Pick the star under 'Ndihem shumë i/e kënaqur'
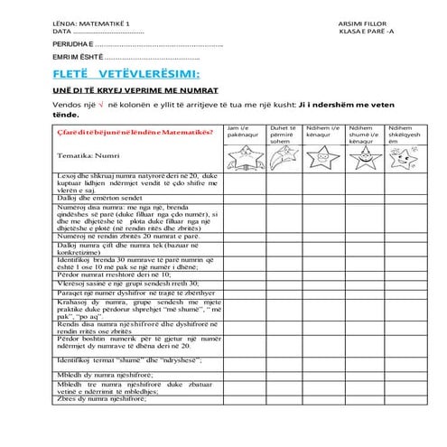tap(362, 159)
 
